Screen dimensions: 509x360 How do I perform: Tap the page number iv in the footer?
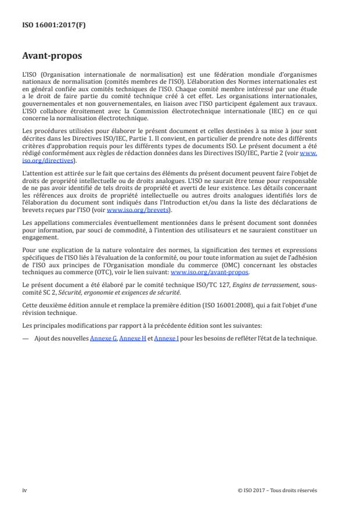[x=24, y=490]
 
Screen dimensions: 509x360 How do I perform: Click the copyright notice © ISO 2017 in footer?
[x=277, y=490]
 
